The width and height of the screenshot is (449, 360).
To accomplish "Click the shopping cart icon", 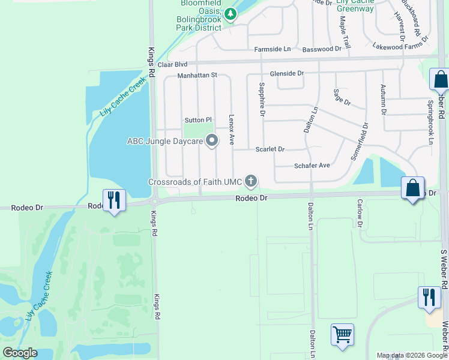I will pyautogui.click(x=342, y=334).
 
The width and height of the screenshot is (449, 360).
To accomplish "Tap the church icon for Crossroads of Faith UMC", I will pyautogui.click(x=251, y=181).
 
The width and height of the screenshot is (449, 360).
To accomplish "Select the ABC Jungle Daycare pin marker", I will pyautogui.click(x=211, y=141).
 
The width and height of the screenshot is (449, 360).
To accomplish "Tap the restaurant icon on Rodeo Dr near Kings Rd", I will pyautogui.click(x=113, y=199).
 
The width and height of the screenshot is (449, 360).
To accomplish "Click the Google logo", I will pyautogui.click(x=20, y=353).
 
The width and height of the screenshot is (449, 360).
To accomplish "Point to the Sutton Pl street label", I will pyautogui.click(x=199, y=120).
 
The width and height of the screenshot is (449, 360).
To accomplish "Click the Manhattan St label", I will pyautogui.click(x=196, y=76).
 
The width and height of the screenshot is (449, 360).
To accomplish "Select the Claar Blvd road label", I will pyautogui.click(x=173, y=64).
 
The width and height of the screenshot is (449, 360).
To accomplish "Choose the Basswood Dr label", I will pyautogui.click(x=322, y=49).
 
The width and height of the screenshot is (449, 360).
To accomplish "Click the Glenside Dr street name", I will pyautogui.click(x=287, y=73).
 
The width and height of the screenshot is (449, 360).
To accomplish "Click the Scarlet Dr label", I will pyautogui.click(x=270, y=149).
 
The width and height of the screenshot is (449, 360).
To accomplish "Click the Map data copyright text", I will pyautogui.click(x=412, y=355).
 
